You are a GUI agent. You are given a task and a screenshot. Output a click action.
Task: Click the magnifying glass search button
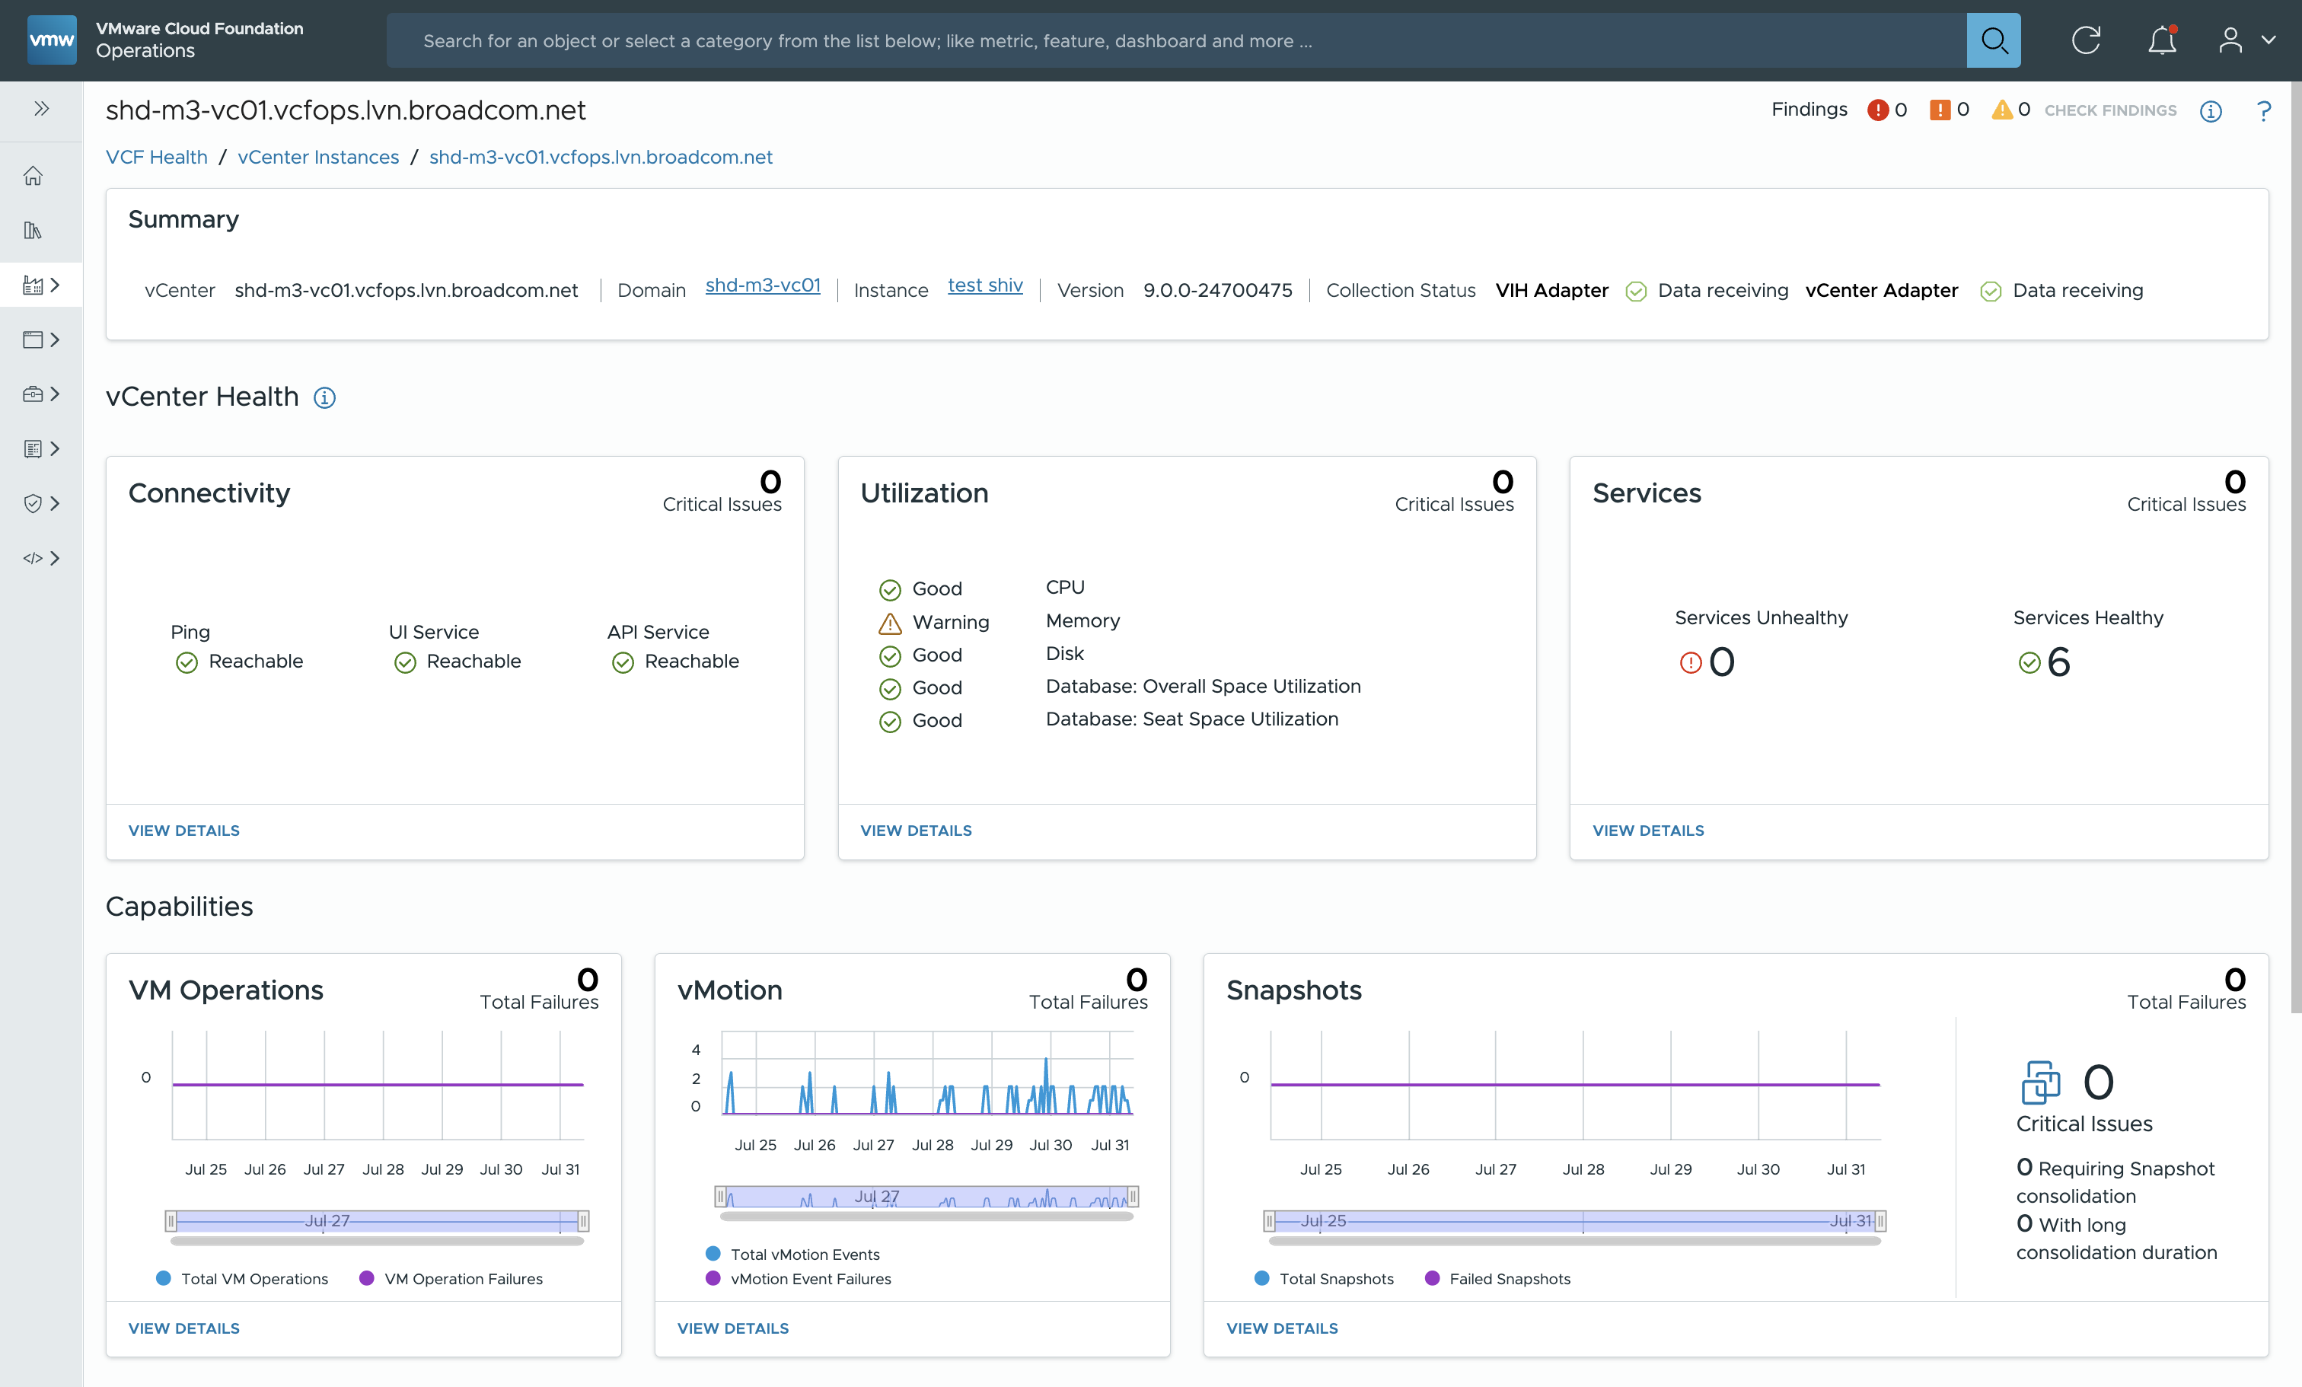point(1993,40)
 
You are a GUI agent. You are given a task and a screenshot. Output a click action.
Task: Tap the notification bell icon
point(2162,40)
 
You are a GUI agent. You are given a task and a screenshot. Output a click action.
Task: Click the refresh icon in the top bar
point(2085,40)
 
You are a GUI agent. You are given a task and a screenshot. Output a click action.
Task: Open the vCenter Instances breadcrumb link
point(317,157)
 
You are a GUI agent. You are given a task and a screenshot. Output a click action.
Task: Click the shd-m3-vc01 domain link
point(762,285)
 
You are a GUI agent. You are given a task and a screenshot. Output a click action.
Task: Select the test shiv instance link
point(985,285)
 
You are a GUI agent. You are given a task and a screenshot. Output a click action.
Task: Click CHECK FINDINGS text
point(2109,110)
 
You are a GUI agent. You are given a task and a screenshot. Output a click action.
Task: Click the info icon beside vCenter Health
point(324,398)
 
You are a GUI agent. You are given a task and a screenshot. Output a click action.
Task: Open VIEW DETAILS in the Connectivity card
point(184,831)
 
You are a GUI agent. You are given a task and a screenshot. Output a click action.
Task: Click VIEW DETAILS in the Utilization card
point(916,831)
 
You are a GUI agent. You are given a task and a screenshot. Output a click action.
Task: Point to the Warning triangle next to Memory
point(889,623)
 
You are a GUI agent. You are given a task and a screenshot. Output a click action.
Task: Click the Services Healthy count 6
point(2058,662)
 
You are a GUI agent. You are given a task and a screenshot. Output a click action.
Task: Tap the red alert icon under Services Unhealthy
point(1690,663)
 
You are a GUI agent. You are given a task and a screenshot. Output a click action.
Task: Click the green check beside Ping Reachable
point(187,662)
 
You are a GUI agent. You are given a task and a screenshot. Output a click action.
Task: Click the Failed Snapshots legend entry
point(1509,1279)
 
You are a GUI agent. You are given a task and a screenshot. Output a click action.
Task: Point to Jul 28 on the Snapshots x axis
point(1583,1169)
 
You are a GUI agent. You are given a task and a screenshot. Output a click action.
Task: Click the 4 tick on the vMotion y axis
point(696,1050)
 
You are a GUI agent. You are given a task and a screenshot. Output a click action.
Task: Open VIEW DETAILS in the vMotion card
point(732,1328)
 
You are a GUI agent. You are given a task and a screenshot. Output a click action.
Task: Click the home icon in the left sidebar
point(33,176)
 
